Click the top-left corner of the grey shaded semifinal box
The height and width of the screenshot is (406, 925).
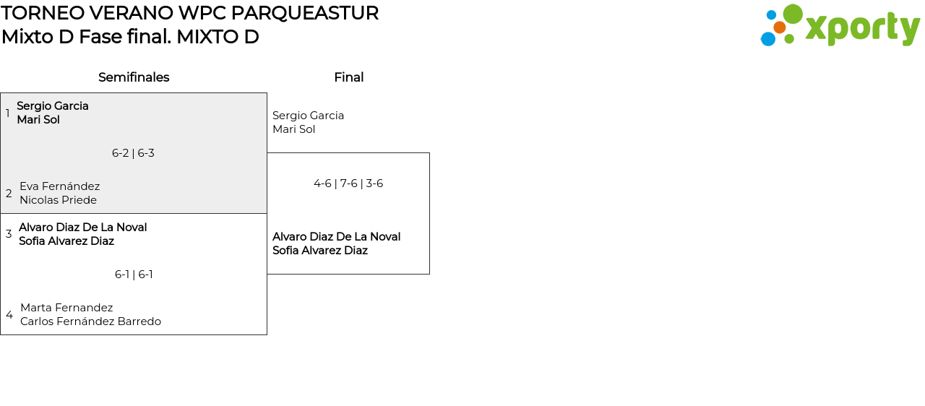[x=1, y=93]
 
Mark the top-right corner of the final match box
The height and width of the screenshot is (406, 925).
[x=429, y=153]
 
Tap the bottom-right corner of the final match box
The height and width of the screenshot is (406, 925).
[x=429, y=274]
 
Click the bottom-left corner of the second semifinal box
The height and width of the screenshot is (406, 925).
[x=1, y=334]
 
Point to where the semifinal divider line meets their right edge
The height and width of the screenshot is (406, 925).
[x=267, y=213]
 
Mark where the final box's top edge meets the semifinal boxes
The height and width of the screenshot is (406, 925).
[x=267, y=153]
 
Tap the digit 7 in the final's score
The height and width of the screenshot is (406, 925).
[x=343, y=183]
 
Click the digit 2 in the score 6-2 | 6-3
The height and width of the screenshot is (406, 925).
[x=126, y=153]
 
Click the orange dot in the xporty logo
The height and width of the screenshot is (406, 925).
[x=779, y=27]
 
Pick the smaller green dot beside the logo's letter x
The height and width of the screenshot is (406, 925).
[x=789, y=38]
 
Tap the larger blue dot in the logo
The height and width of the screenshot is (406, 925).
[x=768, y=39]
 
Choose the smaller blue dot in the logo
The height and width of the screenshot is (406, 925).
[x=771, y=15]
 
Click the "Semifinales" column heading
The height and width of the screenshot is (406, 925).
[x=134, y=77]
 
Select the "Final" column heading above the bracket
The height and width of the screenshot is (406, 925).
[x=349, y=77]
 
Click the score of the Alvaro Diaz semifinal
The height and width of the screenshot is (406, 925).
[x=134, y=275]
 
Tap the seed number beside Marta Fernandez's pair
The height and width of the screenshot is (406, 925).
[x=9, y=315]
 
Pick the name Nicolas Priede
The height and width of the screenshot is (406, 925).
[x=59, y=200]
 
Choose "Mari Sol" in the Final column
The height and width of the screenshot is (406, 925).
[x=293, y=129]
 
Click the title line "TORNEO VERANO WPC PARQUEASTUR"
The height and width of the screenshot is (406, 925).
[x=189, y=13]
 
